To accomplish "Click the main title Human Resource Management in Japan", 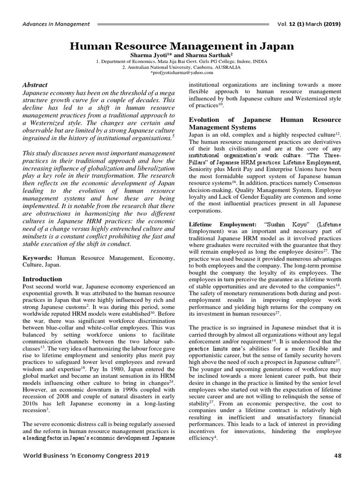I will tap(182, 46).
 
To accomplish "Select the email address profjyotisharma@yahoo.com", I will tap(181, 73).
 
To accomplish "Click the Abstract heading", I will tap(35, 85).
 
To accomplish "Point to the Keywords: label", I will tap(38, 258).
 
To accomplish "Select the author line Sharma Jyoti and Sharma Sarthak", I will tap(181, 55).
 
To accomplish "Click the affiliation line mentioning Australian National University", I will tap(181, 67).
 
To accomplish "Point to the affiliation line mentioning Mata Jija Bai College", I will tap(181, 61).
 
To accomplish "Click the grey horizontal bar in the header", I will tap(190, 24).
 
